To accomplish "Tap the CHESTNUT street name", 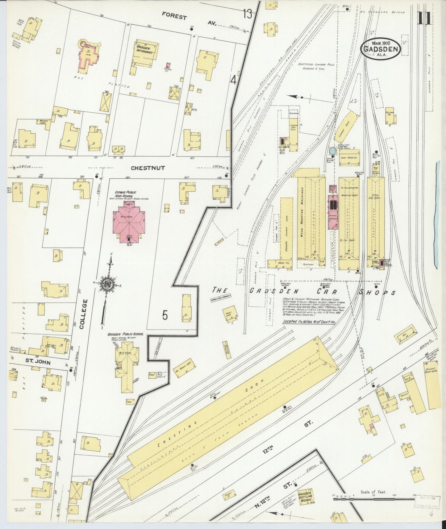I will tap(148, 168).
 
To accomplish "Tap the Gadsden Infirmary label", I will tap(144, 51).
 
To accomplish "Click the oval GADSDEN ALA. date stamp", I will tap(381, 48).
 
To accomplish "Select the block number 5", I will tap(165, 315).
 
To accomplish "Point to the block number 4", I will tap(234, 81).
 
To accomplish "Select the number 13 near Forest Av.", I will tap(247, 14).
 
